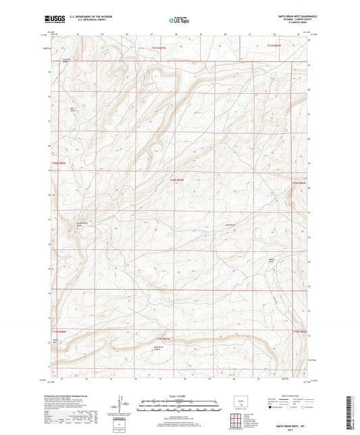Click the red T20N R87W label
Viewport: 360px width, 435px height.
coord(177,179)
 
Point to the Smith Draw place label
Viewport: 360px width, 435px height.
coord(229,225)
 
